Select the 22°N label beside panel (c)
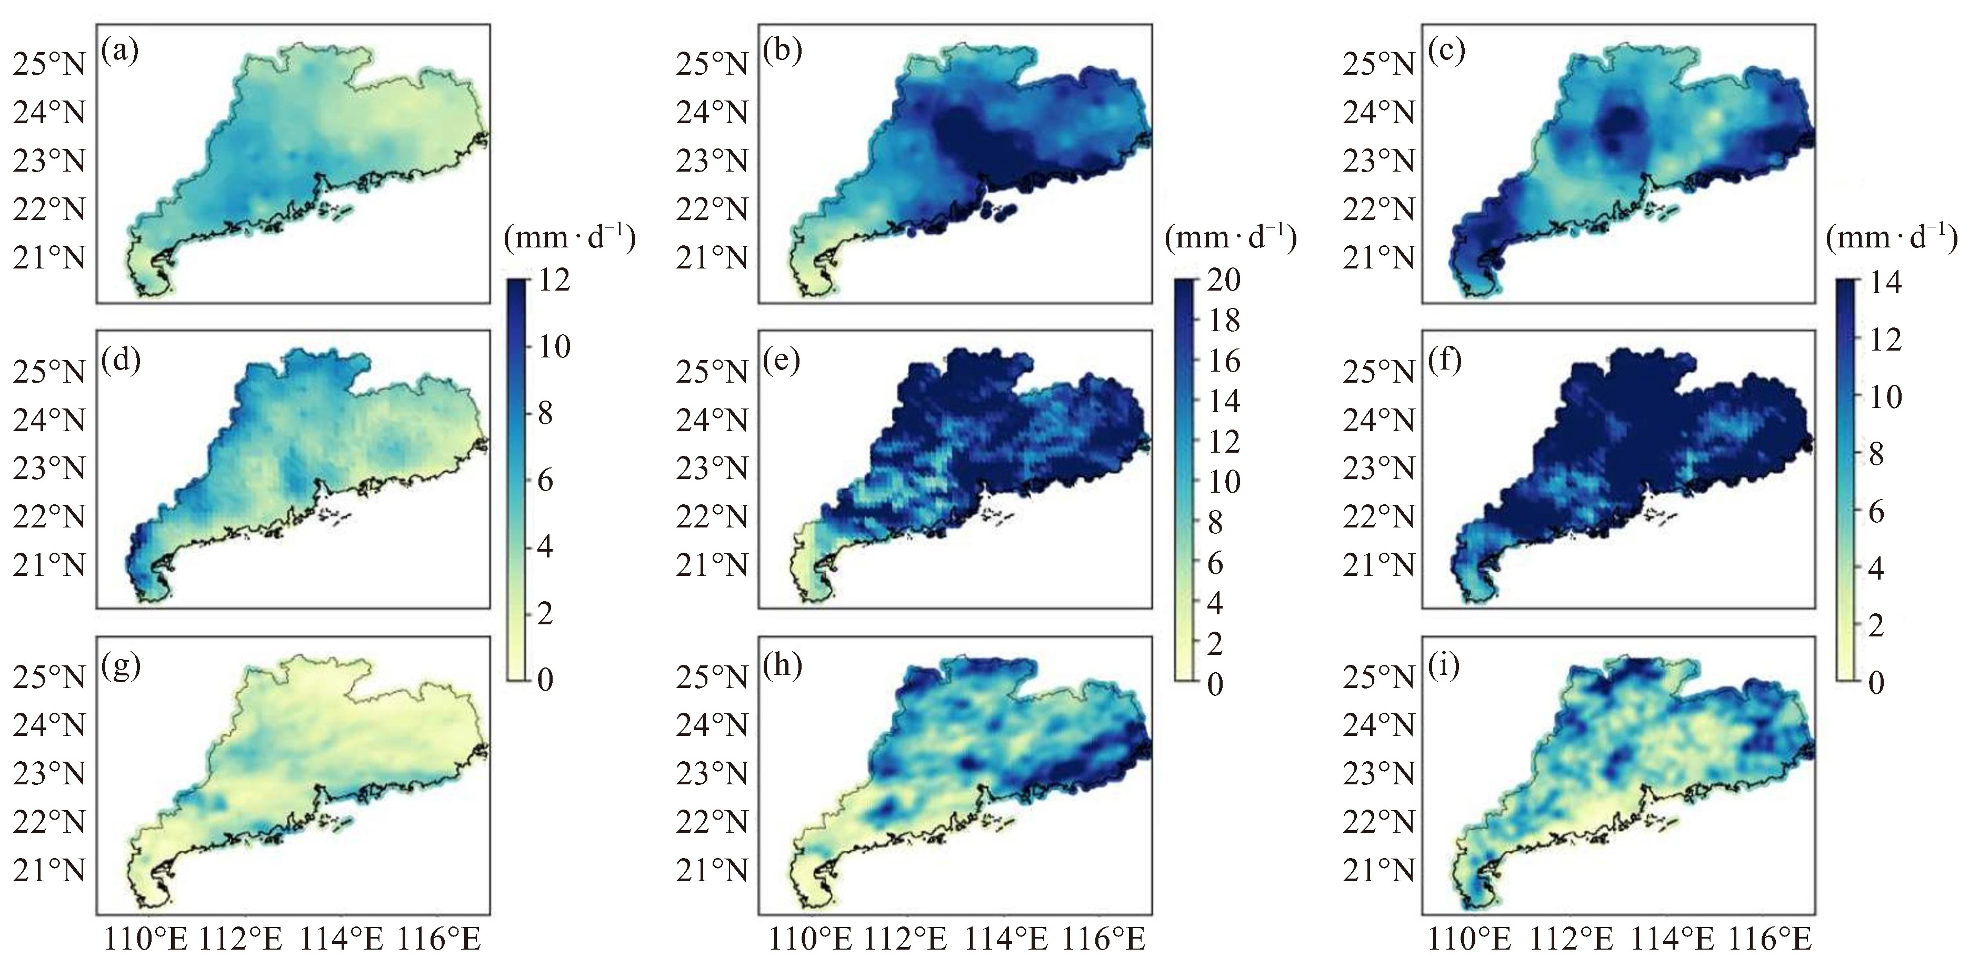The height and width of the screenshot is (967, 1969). tap(1378, 210)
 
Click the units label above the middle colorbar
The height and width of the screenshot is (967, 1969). tap(1230, 240)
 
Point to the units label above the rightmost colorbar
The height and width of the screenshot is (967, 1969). tap(1891, 240)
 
